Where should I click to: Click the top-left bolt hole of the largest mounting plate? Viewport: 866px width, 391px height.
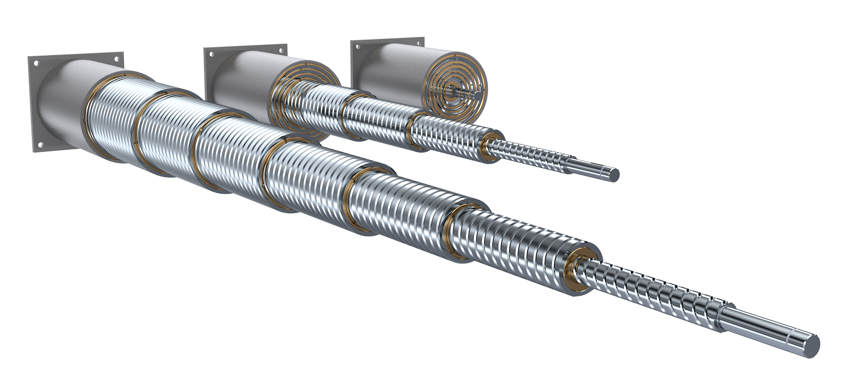(36, 63)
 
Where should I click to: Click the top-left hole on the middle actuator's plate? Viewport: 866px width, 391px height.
(211, 54)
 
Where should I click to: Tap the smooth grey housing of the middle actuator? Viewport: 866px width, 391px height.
(239, 80)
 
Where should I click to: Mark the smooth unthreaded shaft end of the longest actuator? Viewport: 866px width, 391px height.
(766, 329)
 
